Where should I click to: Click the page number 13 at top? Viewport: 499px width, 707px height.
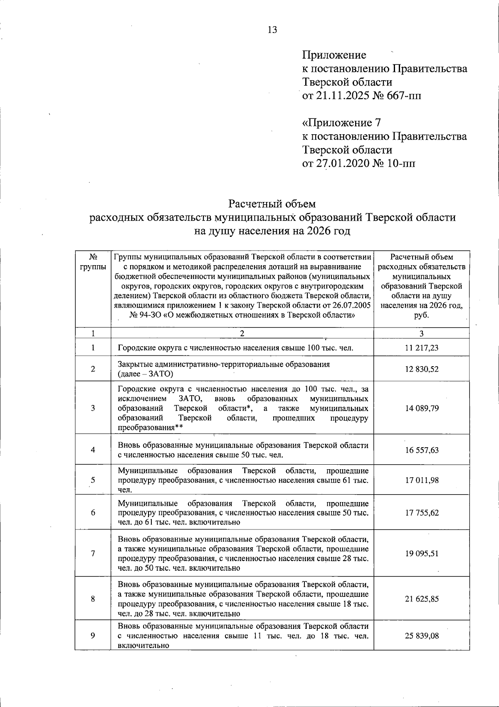(272, 30)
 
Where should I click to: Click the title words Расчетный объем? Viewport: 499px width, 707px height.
(272, 204)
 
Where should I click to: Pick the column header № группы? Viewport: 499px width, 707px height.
(93, 262)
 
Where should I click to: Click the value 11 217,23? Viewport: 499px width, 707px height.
(421, 348)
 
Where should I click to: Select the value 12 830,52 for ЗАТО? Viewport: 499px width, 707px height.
(421, 369)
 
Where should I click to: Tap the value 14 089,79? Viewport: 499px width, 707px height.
(421, 408)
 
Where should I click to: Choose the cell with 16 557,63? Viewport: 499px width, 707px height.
(421, 450)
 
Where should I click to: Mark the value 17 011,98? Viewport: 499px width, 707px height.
(421, 480)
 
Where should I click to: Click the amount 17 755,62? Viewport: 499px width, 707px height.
(421, 512)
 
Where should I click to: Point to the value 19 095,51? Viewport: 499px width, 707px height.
(421, 554)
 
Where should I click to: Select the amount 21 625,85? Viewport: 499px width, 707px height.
(421, 599)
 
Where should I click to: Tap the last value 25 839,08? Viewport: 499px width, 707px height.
(421, 636)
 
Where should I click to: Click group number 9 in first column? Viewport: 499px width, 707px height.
(93, 636)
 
